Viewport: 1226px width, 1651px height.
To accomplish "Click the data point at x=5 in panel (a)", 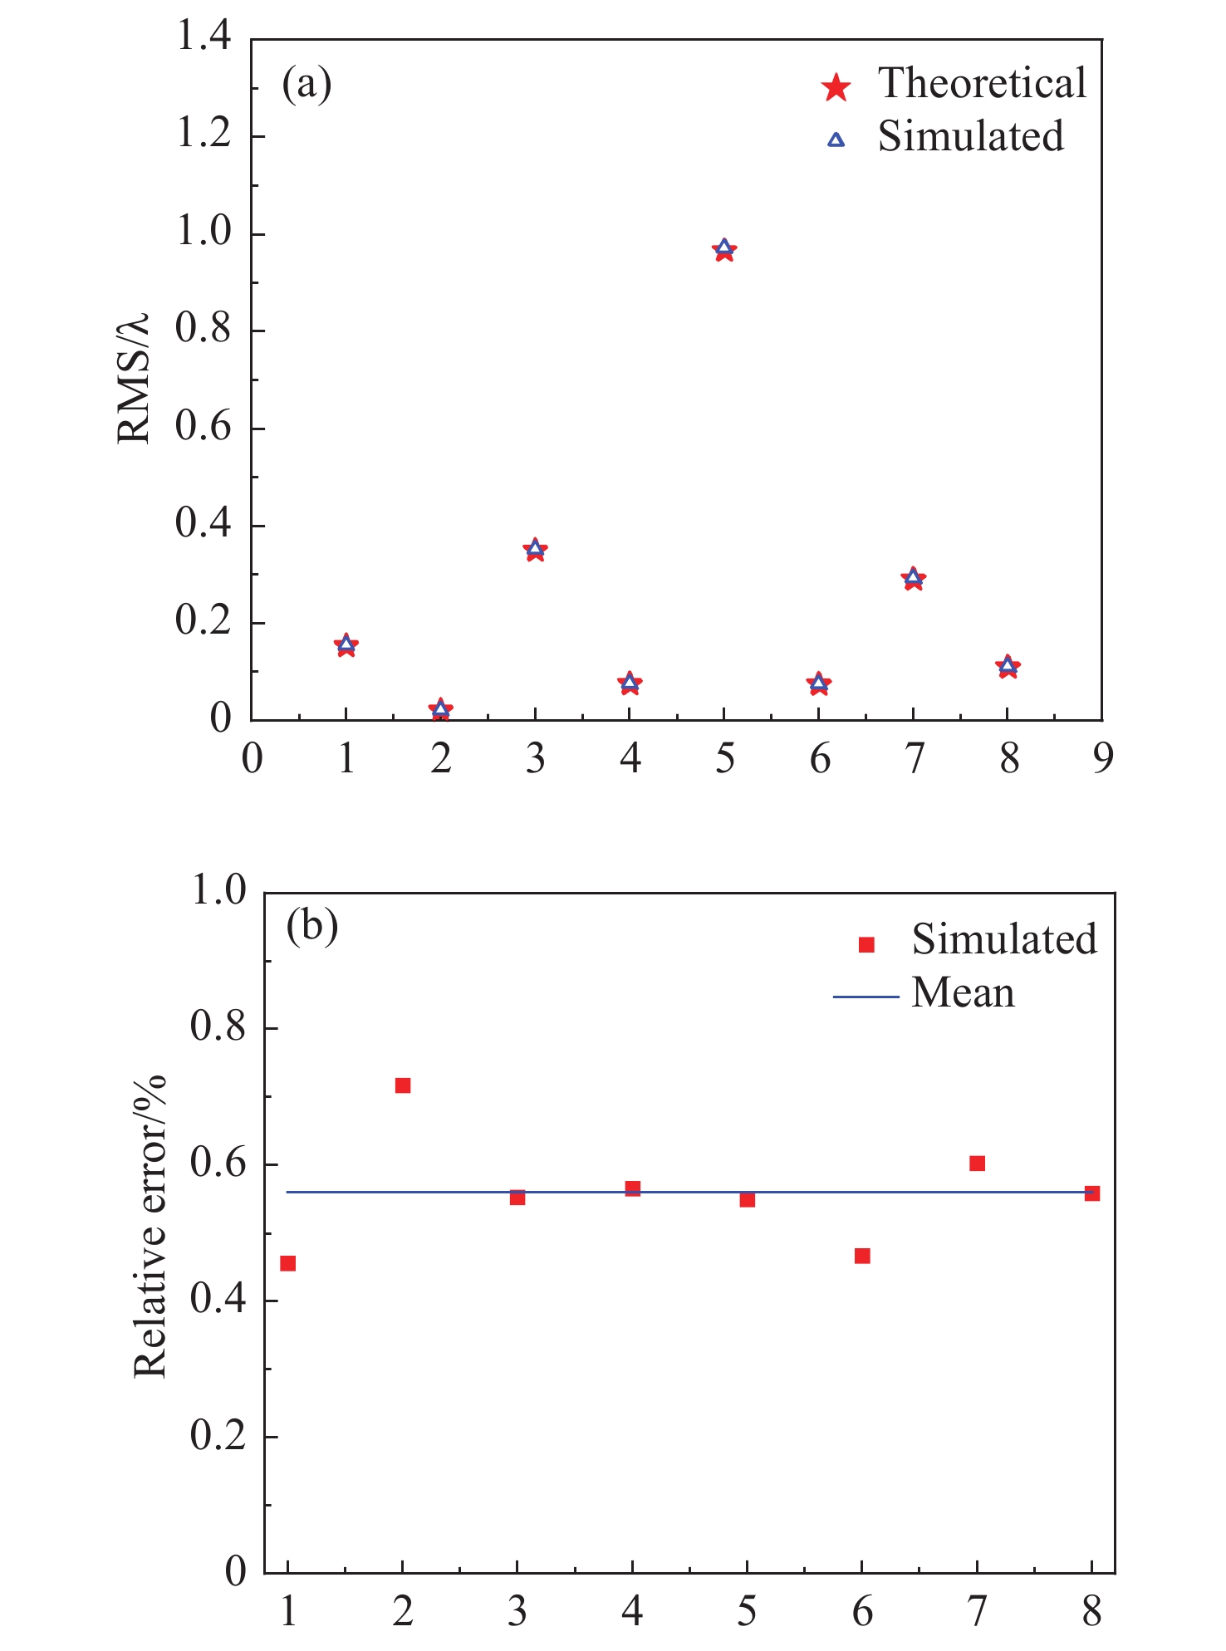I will (x=724, y=249).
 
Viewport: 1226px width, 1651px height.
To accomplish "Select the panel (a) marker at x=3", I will (x=535, y=549).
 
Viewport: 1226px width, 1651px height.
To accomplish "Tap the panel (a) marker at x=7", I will (x=914, y=578).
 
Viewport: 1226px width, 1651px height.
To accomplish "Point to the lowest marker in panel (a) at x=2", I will (x=441, y=709).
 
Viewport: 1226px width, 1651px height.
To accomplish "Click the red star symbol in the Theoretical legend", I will (x=836, y=86).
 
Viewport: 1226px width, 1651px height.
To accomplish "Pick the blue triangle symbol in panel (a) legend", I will (x=836, y=140).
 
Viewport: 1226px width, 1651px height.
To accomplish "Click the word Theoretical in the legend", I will (x=982, y=83).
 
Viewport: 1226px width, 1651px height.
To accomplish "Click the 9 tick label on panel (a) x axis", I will (x=1102, y=758).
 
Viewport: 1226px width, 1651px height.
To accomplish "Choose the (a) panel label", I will (x=306, y=83).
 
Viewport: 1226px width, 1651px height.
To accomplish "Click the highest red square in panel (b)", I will (x=403, y=1085).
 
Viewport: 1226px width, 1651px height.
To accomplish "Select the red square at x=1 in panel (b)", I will (x=288, y=1263).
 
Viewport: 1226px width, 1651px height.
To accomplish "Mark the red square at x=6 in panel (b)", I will (x=862, y=1256).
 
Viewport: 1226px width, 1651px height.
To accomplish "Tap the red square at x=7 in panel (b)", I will (x=977, y=1164).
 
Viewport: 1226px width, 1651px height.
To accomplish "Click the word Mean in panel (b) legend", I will (x=963, y=992).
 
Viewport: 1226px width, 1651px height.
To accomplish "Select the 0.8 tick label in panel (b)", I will (x=218, y=1027).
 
